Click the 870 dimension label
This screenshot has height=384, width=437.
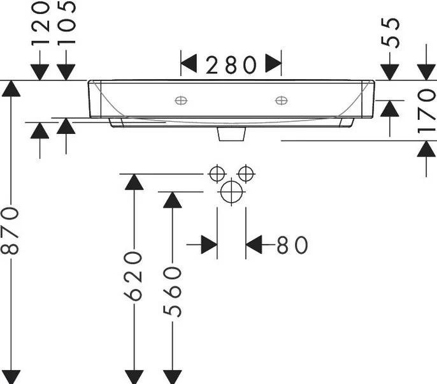pos(10,231)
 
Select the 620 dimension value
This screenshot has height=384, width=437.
pos(133,276)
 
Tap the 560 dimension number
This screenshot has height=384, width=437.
pos(172,292)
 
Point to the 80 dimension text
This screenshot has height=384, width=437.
pos(292,245)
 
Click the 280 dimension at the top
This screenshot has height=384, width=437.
pos(231,65)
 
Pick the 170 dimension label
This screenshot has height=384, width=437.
pos(426,110)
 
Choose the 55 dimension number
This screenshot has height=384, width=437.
pos(390,33)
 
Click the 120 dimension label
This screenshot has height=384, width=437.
pos(40,23)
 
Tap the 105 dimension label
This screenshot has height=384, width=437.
pos(66,22)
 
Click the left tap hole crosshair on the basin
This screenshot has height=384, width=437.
pos(181,100)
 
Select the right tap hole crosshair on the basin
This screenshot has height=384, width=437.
pos(281,100)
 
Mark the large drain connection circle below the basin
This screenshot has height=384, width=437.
pos(231,192)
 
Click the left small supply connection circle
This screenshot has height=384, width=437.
pos(217,174)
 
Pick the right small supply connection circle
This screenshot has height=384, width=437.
pos(246,174)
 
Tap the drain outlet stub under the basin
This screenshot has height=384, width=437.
pos(232,134)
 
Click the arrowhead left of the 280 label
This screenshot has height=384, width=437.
pos(189,64)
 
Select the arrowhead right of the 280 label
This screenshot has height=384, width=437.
pos(273,64)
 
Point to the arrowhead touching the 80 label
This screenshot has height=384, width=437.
pos(254,245)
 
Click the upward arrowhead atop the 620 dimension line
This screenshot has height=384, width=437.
pos(134,182)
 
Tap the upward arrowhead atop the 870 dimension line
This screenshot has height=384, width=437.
pos(11,88)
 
